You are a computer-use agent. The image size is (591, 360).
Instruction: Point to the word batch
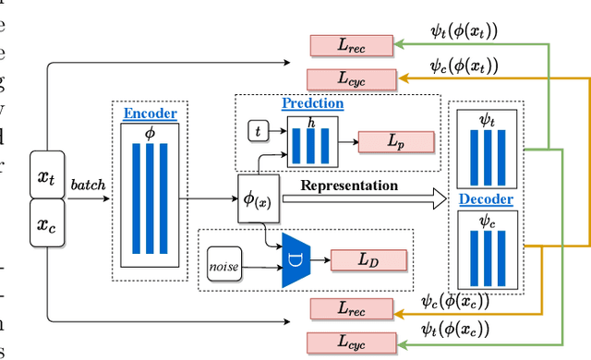click(89, 184)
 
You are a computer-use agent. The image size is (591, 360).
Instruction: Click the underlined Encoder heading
click(151, 114)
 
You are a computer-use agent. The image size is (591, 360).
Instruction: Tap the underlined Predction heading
click(313, 103)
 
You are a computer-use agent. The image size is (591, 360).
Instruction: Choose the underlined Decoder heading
click(487, 198)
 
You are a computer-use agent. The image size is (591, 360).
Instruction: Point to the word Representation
click(349, 186)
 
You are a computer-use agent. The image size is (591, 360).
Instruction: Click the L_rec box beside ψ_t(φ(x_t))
click(347, 43)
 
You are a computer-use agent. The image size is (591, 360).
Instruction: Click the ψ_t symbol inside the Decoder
click(487, 119)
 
